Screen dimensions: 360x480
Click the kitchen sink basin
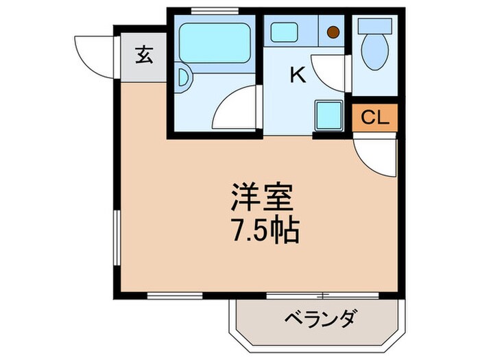283,32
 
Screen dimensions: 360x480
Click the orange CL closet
374,118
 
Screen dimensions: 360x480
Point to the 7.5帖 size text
264,232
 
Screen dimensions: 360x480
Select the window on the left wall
115,237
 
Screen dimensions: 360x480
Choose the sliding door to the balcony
322,296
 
